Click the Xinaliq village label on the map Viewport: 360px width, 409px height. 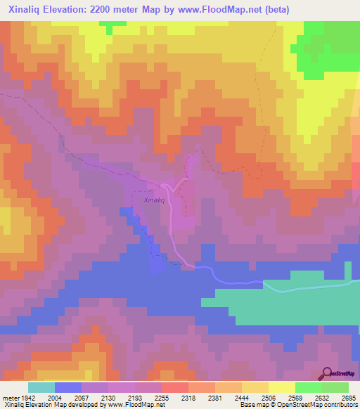point(154,200)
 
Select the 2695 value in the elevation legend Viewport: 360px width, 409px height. point(349,398)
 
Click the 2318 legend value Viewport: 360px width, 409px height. point(188,398)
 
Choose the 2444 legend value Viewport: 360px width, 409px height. point(242,398)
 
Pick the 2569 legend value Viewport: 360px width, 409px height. point(295,398)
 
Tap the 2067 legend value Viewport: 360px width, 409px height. point(82,398)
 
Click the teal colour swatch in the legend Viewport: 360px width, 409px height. point(41,387)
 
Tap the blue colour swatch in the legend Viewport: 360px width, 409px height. point(68,387)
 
